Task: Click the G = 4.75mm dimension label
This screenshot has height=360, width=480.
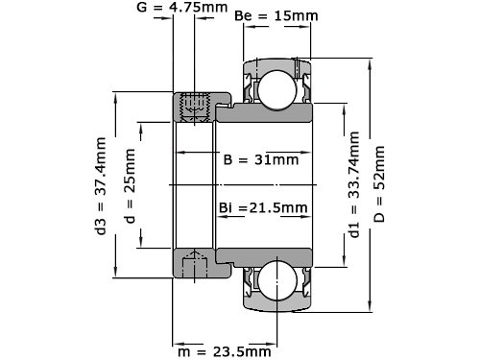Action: coord(182,7)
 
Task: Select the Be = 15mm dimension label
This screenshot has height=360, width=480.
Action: coord(276,15)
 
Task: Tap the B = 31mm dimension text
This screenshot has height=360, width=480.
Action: coord(261,159)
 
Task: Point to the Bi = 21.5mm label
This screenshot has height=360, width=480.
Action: coord(263,207)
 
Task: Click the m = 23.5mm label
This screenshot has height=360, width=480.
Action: coord(225,352)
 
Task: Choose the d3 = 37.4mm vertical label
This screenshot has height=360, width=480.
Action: coord(101,186)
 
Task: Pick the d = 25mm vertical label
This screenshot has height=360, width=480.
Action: coord(130,186)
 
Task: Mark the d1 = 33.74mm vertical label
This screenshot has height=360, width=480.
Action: coord(354,184)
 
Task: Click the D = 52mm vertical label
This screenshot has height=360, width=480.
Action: coord(379,184)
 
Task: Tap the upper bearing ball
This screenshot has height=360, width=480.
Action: coord(277,90)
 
